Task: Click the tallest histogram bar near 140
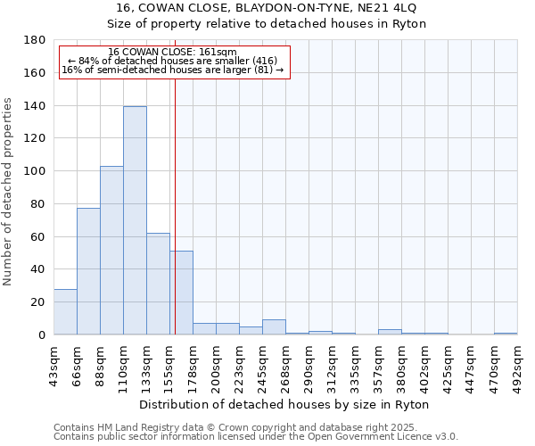point(135,220)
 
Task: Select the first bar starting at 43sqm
point(65,312)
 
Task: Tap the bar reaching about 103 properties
point(111,250)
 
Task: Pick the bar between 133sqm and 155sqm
point(158,284)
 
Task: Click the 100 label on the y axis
point(36,171)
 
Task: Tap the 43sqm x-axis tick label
point(54,364)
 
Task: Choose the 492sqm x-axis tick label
point(517,364)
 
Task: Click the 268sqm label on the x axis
point(286,364)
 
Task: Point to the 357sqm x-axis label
point(379,364)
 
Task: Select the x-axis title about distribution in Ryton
point(285,404)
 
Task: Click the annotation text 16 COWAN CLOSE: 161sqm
point(172,53)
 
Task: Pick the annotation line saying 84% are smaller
point(172,61)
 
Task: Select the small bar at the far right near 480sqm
point(506,334)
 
